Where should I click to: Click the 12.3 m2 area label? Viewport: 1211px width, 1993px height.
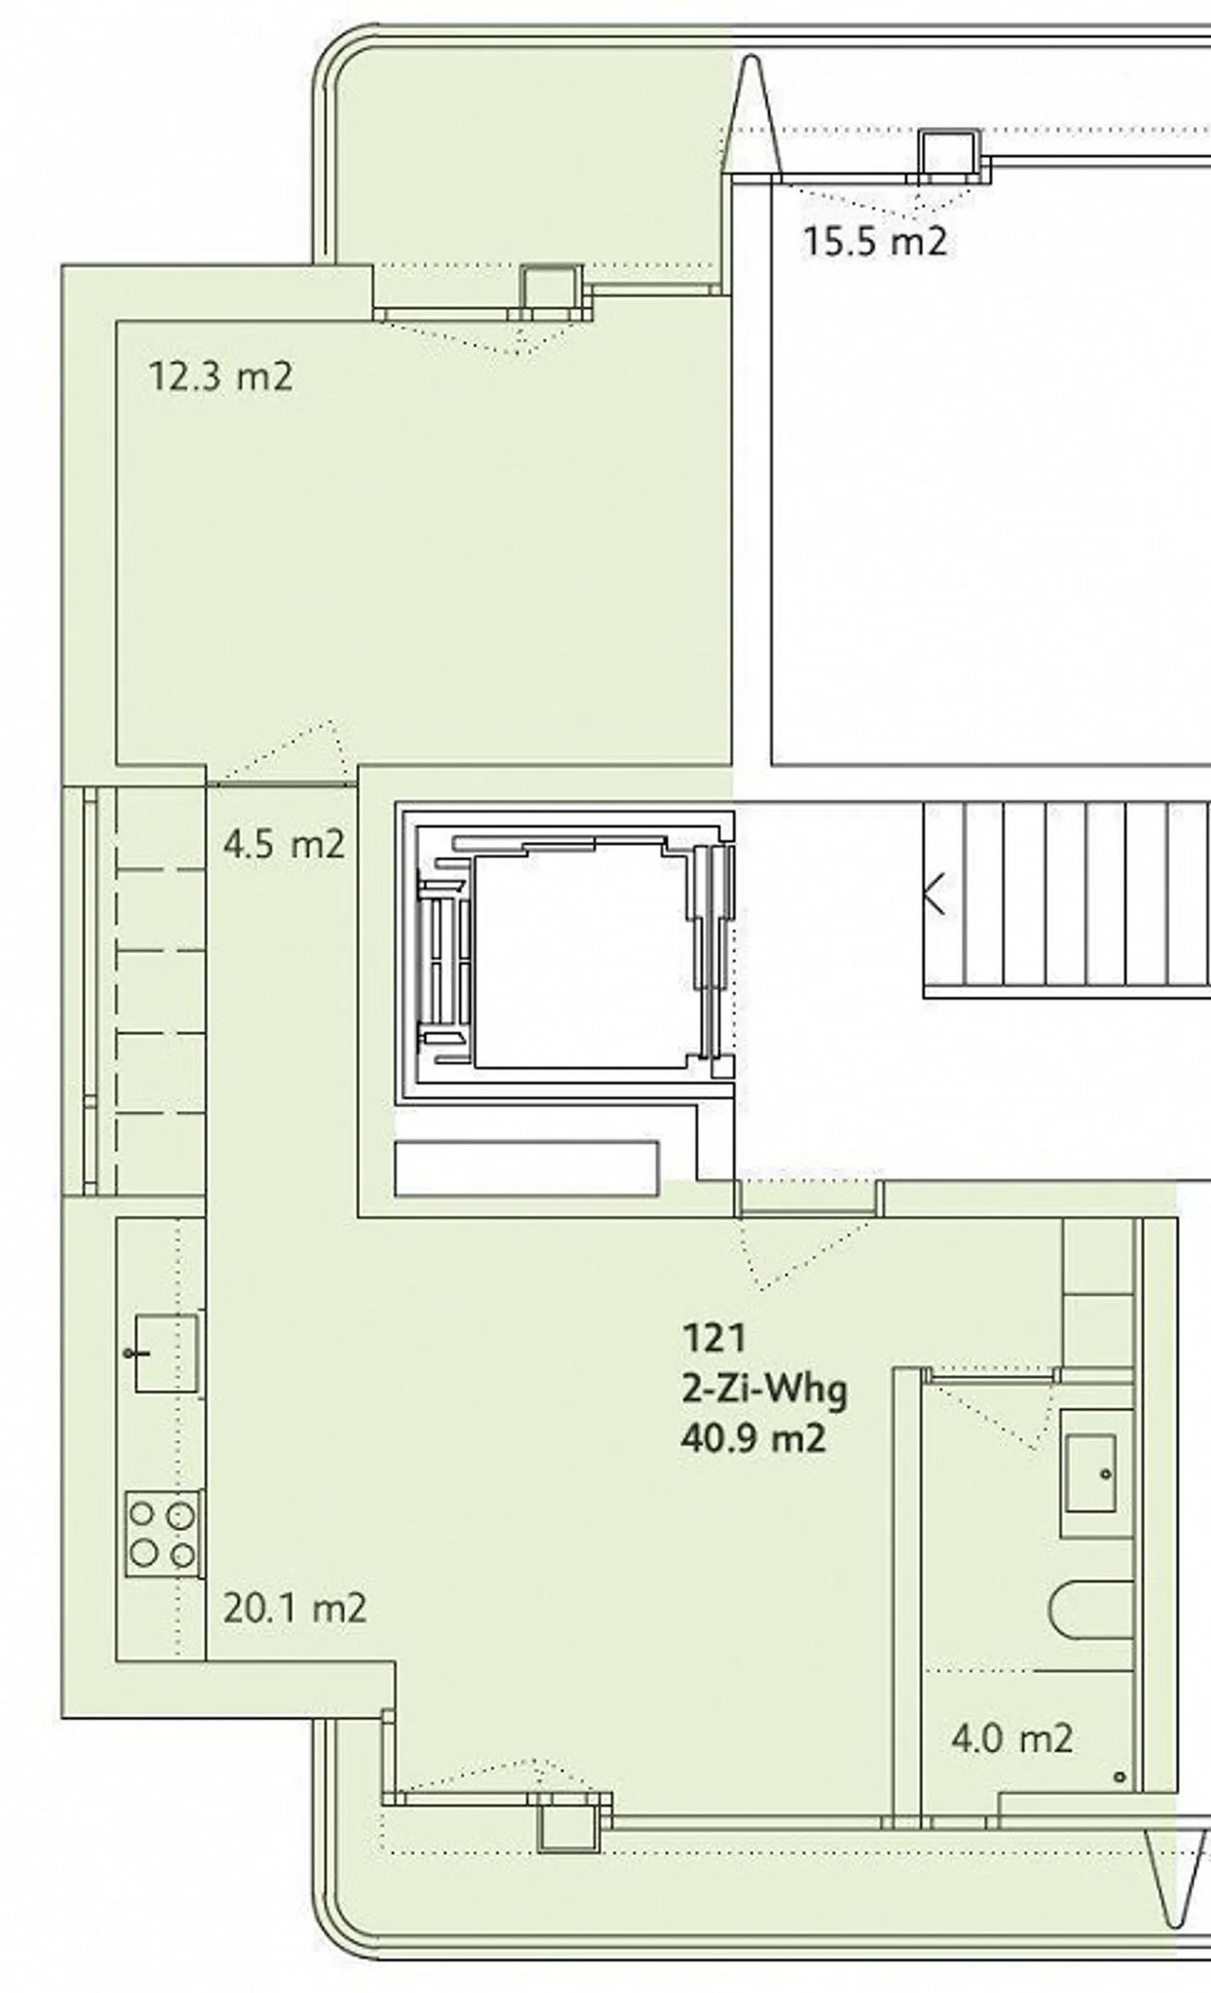pos(221,376)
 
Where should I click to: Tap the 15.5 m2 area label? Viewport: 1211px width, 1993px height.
pos(875,241)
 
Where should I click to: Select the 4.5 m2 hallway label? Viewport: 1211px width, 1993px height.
pos(284,843)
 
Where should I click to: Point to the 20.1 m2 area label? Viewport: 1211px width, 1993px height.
pos(295,1609)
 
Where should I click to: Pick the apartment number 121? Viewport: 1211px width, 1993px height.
pos(714,1338)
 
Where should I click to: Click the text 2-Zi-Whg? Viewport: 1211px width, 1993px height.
pos(764,1390)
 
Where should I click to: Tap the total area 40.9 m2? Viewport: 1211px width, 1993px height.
pos(754,1439)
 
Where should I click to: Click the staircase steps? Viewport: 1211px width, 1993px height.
pos(1067,899)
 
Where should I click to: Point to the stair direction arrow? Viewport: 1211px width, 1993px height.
pos(934,893)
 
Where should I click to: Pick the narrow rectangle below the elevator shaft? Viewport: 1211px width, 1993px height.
pos(526,1169)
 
